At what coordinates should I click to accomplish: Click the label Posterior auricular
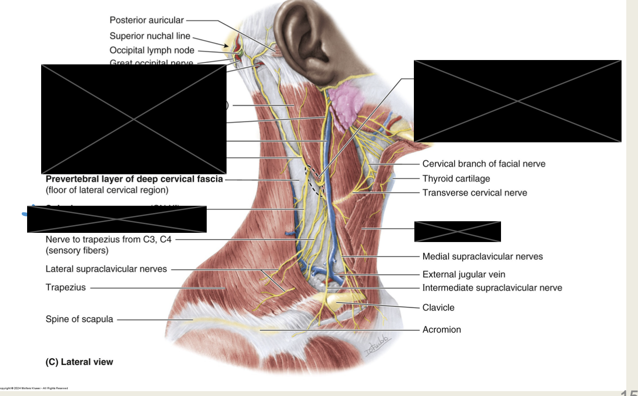147,20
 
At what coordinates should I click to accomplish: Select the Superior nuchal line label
150,36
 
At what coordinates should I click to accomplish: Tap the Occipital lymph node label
152,50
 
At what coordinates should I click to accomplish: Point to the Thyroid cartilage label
456,179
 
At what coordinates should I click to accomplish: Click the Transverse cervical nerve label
474,193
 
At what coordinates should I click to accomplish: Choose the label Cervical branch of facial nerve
484,164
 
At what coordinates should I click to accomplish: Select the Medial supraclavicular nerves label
483,256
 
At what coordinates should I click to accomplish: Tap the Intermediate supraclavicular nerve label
492,288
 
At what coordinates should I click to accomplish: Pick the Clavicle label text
438,307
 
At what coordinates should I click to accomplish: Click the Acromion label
441,330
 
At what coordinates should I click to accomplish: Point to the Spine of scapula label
79,319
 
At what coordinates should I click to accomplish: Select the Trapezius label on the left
65,287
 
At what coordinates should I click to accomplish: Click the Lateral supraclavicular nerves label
106,269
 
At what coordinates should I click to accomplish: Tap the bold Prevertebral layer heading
134,179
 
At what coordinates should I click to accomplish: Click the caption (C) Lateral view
79,362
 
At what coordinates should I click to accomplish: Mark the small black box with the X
457,231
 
